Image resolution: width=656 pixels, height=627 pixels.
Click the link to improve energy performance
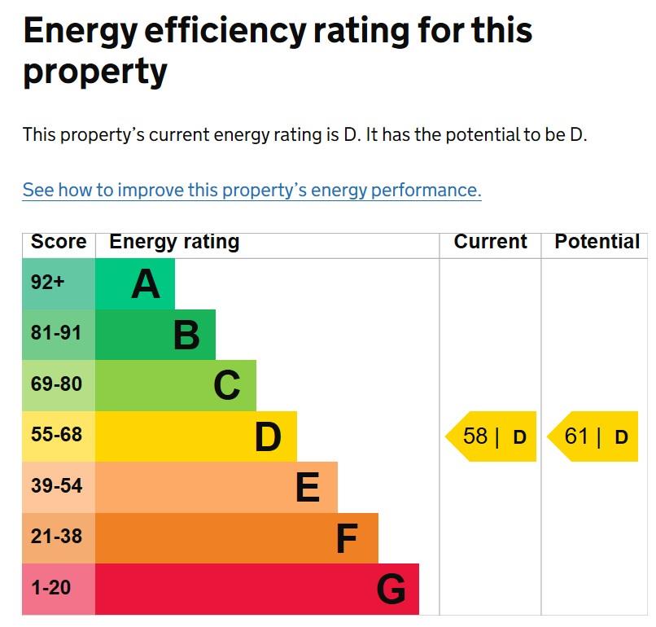coord(251,191)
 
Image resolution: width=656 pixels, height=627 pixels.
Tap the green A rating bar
coord(135,284)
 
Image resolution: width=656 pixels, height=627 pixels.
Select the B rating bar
coord(155,335)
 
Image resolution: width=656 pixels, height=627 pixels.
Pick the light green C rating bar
coord(176,385)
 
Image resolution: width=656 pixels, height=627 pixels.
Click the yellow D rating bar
coord(196,436)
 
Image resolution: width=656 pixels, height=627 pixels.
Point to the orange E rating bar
coord(216,487)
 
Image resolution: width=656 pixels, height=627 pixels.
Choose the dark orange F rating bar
coord(237,537)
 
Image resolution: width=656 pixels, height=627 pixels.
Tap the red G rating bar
coord(257,589)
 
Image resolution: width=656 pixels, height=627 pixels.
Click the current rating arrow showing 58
coord(492,436)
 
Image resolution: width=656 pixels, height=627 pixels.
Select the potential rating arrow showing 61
coord(593,436)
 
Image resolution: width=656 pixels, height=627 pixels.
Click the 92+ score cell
coord(59,284)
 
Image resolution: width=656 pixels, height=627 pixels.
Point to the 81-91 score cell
coord(59,335)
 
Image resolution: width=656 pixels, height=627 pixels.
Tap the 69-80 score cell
coord(59,385)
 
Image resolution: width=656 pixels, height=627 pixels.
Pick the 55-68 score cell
coord(59,436)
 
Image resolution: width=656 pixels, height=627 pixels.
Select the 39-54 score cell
coord(59,487)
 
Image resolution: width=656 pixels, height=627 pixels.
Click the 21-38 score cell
coord(59,537)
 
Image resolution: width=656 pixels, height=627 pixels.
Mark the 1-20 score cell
coord(59,589)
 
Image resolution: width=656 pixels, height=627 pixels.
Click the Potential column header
coord(597,242)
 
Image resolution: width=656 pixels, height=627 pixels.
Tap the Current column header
coord(490,242)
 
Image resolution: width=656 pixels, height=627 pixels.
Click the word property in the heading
coord(95,72)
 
